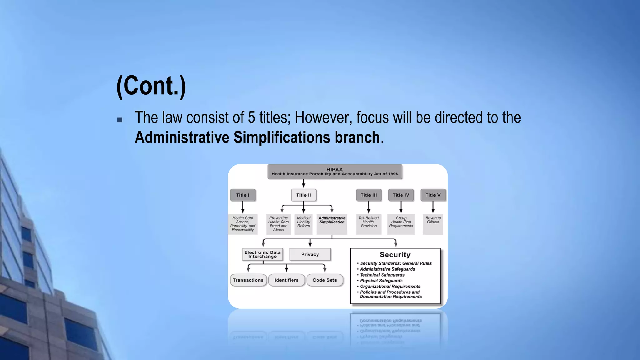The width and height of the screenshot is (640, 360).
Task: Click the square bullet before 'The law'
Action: click(x=120, y=120)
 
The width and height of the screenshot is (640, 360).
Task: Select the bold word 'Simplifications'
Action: click(x=282, y=137)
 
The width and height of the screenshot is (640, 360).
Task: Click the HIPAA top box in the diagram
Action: click(x=335, y=172)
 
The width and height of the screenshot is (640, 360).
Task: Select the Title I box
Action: click(x=243, y=195)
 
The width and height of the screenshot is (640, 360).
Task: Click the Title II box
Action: click(x=303, y=195)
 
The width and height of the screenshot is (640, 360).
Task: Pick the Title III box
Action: click(x=368, y=195)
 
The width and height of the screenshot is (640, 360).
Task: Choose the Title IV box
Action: click(x=401, y=195)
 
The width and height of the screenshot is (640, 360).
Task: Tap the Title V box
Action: click(x=433, y=195)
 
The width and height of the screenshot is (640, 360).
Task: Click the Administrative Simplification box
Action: click(x=332, y=224)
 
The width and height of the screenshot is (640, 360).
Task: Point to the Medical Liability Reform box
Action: click(x=303, y=224)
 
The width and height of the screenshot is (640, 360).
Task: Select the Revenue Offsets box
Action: click(x=433, y=224)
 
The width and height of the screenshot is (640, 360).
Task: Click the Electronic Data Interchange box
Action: click(x=262, y=254)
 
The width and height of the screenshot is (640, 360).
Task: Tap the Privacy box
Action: click(x=310, y=254)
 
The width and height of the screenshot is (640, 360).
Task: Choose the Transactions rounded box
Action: click(x=248, y=280)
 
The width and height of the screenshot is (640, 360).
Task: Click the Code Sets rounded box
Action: click(x=325, y=280)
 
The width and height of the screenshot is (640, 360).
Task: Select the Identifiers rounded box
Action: click(x=286, y=280)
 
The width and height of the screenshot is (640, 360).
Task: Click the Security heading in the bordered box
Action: click(x=395, y=255)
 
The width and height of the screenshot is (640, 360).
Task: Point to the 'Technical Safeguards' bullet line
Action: click(x=382, y=275)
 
